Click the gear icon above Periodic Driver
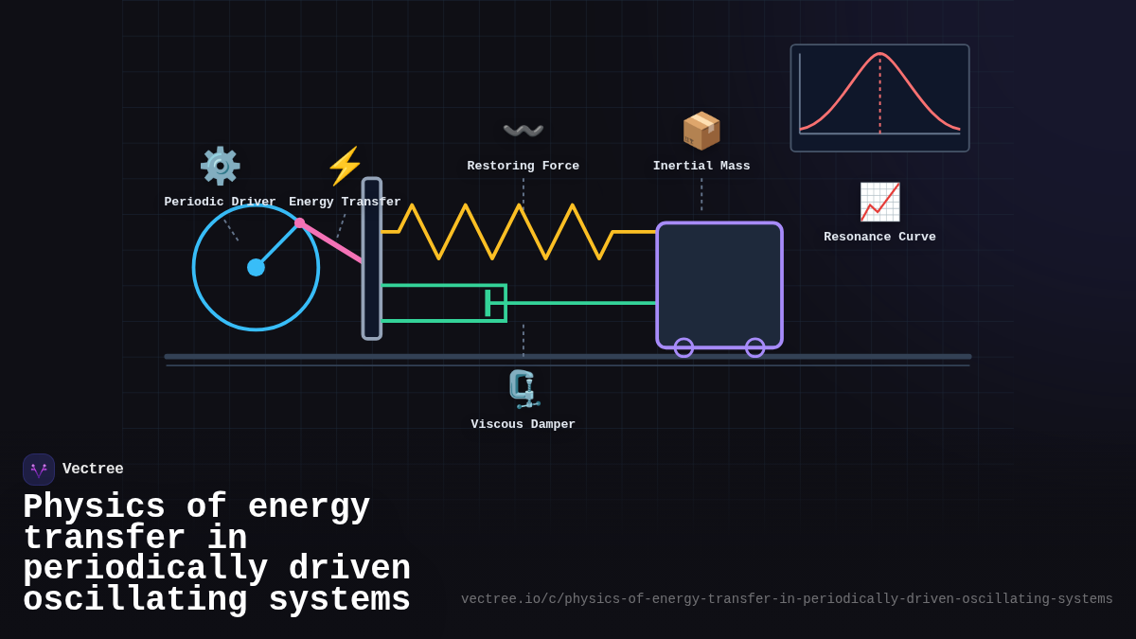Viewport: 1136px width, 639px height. tap(220, 166)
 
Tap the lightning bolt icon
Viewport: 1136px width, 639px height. tap(345, 166)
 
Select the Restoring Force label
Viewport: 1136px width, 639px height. tap(523, 167)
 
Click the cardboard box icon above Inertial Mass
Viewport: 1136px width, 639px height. tap(701, 131)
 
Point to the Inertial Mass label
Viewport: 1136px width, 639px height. tap(701, 167)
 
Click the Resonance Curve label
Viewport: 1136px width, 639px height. tap(879, 238)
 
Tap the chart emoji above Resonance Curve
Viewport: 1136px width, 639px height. tap(879, 202)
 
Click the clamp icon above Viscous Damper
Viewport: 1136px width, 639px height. tap(523, 389)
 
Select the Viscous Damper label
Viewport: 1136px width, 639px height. tap(523, 425)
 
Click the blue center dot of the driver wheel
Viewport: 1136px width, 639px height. tap(256, 267)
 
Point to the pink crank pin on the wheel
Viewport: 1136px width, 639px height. tap(300, 223)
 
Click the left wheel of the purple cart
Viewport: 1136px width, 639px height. tap(683, 347)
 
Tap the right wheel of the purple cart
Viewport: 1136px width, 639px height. tap(754, 347)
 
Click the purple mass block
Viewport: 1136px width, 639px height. tap(719, 284)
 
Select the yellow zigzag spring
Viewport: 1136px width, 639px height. tap(519, 231)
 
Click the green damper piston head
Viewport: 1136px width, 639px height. tap(488, 303)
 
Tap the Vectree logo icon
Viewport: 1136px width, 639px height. tap(39, 470)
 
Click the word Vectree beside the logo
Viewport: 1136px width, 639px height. tap(93, 470)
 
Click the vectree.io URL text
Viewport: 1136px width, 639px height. tap(787, 599)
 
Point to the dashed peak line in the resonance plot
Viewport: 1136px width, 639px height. tap(880, 95)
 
